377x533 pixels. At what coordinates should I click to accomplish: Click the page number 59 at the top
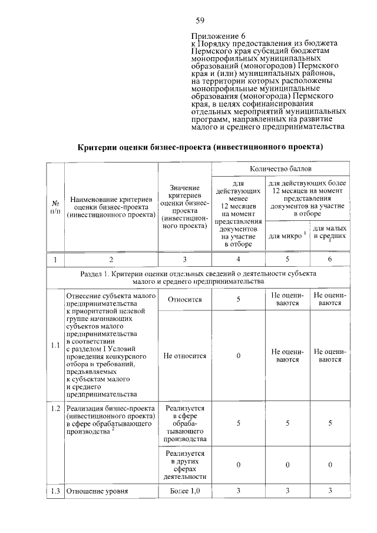[200, 21]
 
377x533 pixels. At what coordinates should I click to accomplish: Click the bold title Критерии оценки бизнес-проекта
[201, 145]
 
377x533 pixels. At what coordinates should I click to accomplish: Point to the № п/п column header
[55, 207]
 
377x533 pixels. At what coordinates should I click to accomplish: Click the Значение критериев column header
[184, 207]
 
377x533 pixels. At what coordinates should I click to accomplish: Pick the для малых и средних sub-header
[329, 233]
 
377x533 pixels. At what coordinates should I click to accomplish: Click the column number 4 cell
[239, 259]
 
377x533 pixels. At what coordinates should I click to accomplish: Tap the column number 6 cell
[329, 259]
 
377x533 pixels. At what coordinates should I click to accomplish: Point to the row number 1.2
[55, 408]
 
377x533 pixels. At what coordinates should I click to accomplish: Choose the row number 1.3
[55, 490]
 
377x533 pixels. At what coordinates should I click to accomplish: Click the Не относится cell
[184, 356]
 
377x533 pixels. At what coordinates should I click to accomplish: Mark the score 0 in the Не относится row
[239, 356]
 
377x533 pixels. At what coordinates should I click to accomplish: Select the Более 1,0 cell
[184, 490]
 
